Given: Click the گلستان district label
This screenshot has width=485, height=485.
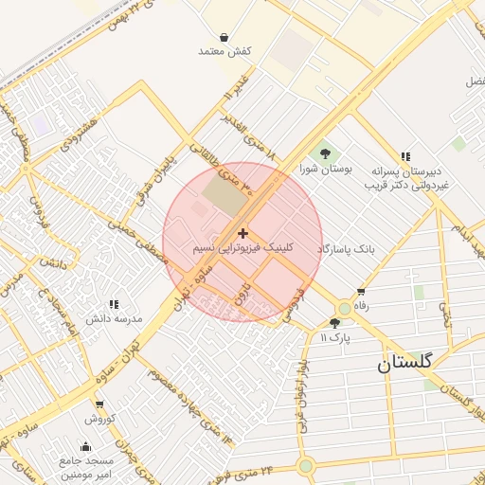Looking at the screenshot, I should click(404, 362).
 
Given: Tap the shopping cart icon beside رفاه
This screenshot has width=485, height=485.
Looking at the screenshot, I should click(360, 292).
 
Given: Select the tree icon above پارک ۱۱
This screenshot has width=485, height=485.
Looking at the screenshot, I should click(334, 323).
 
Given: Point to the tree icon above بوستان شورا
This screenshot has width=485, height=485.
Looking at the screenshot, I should click(326, 153).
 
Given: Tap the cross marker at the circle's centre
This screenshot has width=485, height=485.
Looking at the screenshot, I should click(243, 233).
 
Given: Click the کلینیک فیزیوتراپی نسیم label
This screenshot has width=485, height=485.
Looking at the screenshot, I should click(243, 248).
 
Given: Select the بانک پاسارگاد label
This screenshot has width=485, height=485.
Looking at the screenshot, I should click(346, 248).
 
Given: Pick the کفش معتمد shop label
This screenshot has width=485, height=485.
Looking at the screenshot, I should click(225, 50).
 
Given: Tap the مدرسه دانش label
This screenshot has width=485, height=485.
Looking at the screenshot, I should click(114, 318).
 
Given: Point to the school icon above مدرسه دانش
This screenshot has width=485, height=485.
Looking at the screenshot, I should click(114, 304).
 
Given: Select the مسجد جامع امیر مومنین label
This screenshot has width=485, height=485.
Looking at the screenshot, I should click(86, 466).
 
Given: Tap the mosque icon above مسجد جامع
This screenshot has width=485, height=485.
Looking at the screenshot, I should click(87, 446).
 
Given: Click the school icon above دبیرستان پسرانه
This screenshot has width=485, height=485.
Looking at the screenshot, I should click(405, 156).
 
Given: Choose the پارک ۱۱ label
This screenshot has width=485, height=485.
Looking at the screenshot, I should click(334, 337).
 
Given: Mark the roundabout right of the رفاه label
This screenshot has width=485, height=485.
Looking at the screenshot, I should click(342, 309).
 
